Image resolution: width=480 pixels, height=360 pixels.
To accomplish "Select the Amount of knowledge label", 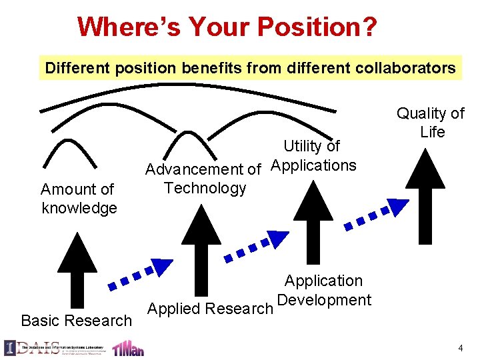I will click(x=79, y=199).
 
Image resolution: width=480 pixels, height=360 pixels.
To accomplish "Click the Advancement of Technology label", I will click(x=203, y=179).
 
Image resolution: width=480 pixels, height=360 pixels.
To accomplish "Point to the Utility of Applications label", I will click(x=313, y=155).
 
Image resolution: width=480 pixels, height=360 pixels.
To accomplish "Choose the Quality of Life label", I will click(x=431, y=123).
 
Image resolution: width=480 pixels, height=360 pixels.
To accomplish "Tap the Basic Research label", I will click(x=77, y=321).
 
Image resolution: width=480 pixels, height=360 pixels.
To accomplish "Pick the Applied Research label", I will click(x=209, y=309).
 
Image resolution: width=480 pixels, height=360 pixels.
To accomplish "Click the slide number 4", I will click(x=461, y=348).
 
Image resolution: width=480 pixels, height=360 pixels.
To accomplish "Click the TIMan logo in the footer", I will click(x=128, y=348).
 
